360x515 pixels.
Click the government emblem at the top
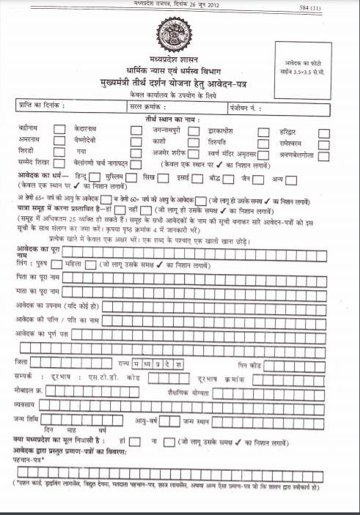[179, 33]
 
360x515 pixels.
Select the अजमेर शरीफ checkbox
[194, 155]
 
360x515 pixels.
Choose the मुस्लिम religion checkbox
[131, 178]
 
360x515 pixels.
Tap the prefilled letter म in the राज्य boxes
[135, 363]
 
